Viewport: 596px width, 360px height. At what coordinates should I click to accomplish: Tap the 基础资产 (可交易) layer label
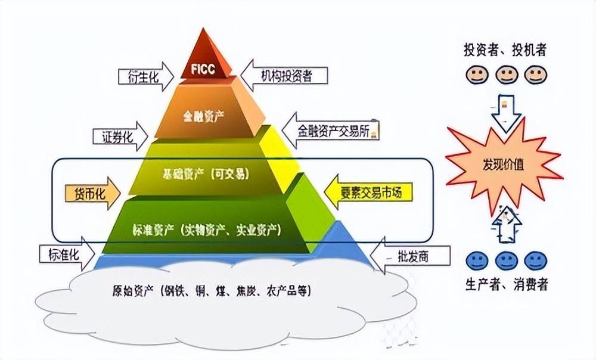tap(206, 174)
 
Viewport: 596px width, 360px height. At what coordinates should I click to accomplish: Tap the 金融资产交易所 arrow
tap(331, 129)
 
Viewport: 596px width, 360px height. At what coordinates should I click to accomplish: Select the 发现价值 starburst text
tap(503, 166)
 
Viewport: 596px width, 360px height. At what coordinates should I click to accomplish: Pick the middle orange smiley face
tap(505, 76)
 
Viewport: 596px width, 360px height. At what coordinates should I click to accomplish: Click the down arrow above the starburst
tap(504, 112)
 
